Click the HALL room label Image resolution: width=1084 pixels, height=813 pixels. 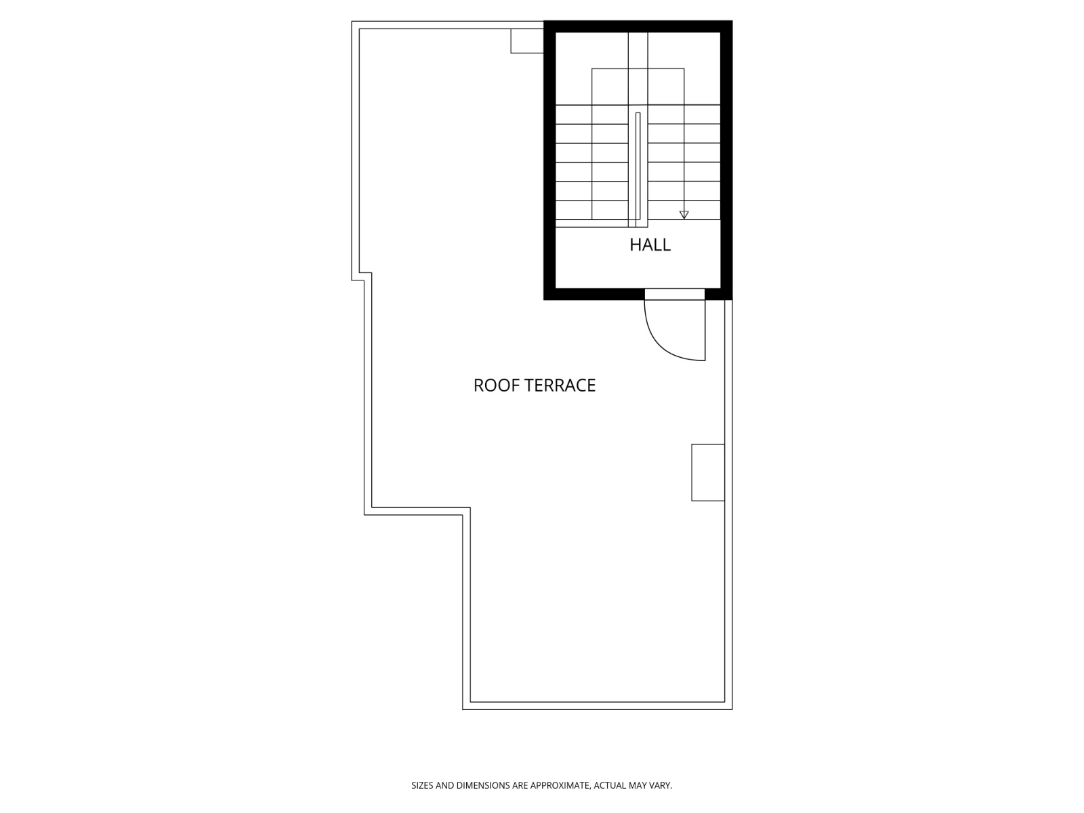tap(650, 245)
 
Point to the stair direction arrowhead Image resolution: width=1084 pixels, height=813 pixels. tap(684, 215)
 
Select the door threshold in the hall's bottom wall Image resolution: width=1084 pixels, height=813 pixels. tap(674, 294)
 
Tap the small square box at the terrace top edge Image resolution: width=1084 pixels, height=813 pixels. tap(527, 41)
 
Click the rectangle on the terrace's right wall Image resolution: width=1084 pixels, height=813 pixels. tap(708, 472)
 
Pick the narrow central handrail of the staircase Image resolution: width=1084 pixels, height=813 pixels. tap(638, 169)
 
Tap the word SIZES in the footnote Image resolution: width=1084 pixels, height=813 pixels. tap(422, 786)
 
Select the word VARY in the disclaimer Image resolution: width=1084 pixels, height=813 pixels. tap(660, 786)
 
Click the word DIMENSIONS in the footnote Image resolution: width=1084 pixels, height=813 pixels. tap(483, 786)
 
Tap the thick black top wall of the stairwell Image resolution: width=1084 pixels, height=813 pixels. tap(638, 26)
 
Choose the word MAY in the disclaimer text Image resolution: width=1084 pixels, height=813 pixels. tap(639, 786)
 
